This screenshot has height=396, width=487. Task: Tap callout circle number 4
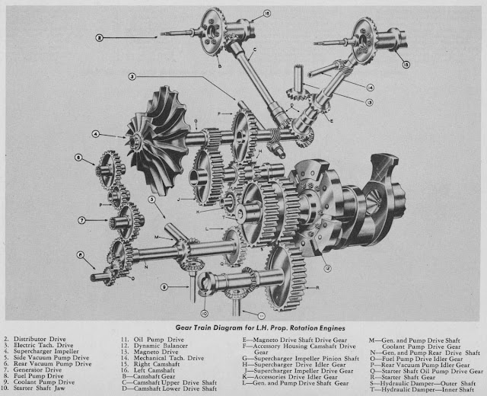tap(96, 135)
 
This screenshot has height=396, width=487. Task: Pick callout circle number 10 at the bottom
tap(204, 311)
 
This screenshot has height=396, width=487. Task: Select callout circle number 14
tap(371, 88)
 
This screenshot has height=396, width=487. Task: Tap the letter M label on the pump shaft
tap(157, 237)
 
